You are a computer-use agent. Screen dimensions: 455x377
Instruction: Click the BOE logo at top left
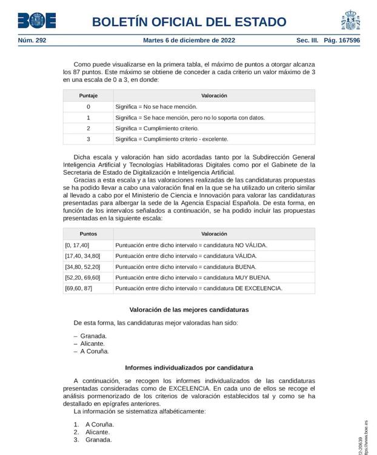pos(36,21)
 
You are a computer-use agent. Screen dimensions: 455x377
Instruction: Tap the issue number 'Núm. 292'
pos(32,41)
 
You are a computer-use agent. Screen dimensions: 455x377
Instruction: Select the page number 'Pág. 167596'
pos(342,41)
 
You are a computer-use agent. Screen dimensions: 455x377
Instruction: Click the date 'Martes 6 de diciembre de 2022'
pos(189,41)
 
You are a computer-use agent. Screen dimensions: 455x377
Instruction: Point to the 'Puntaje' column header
pos(88,96)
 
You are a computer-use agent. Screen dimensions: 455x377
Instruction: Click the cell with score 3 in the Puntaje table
pos(88,139)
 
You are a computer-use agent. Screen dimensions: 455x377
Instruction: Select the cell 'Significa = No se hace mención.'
pos(156,107)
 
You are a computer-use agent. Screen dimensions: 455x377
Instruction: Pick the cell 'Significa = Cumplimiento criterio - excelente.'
pos(172,139)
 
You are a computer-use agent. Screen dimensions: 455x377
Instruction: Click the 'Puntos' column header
pos(88,234)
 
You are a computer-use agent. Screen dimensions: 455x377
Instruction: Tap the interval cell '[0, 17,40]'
pos(77,245)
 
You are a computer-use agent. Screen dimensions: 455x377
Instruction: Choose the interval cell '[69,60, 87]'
pos(79,288)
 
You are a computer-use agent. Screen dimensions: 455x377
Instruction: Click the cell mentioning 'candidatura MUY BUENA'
pos(193,277)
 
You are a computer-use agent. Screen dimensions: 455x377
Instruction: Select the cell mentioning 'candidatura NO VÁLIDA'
pos(191,245)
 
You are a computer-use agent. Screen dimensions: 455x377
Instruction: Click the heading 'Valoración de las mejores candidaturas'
pos(189,309)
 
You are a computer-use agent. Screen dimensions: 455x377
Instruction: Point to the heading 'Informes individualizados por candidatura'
pos(189,368)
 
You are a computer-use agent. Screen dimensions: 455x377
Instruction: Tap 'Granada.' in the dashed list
pos(93,336)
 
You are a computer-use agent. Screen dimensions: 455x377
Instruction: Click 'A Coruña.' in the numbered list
pos(99,425)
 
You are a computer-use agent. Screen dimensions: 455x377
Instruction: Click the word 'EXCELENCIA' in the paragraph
pos(189,388)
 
